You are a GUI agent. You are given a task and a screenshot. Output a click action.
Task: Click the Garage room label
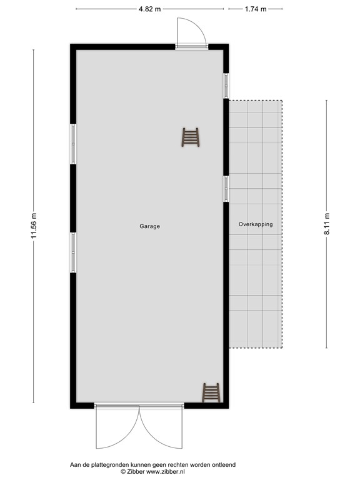pyautogui.click(x=149, y=226)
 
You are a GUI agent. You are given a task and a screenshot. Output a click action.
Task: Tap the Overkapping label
pyautogui.click(x=256, y=224)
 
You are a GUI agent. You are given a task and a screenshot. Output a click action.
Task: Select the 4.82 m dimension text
pyautogui.click(x=150, y=9)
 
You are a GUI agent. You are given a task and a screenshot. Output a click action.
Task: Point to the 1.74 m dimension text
pyautogui.click(x=256, y=9)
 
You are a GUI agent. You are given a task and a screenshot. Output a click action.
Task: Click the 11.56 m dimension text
pyautogui.click(x=34, y=226)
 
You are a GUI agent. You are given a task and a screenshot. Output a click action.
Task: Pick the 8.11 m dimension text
pyautogui.click(x=326, y=223)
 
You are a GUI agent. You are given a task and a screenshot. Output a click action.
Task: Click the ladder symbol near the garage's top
pyautogui.click(x=190, y=137)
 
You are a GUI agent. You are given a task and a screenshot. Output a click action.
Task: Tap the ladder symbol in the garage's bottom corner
pyautogui.click(x=211, y=392)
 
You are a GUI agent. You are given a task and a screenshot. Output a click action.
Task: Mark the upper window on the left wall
pyautogui.click(x=73, y=143)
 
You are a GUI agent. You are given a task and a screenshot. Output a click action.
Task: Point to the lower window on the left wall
pyautogui.click(x=73, y=252)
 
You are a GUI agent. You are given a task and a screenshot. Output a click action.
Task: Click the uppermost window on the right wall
pyautogui.click(x=226, y=86)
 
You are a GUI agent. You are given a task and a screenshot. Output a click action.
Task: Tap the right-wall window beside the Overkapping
pyautogui.click(x=226, y=188)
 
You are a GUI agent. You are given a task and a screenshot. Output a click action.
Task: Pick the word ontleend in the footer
pyautogui.click(x=224, y=465)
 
